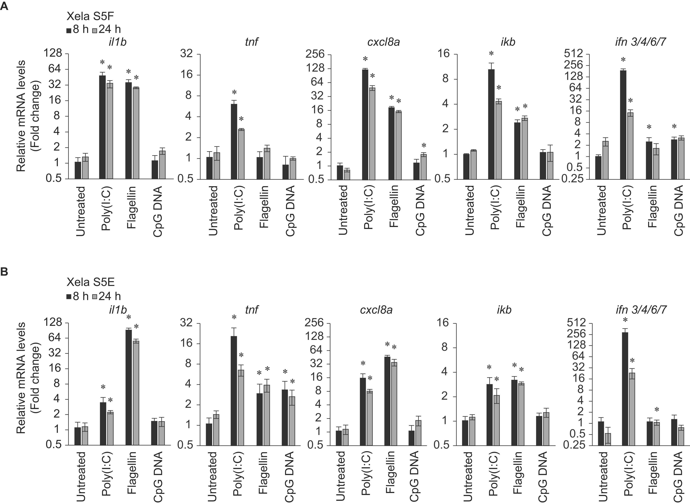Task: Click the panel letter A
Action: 4,6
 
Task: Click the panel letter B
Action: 4,272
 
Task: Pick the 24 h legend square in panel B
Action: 95,297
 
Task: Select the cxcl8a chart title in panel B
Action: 376,310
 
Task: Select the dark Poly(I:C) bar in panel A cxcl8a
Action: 365,124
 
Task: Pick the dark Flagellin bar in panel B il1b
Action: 129,387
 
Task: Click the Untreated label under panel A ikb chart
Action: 470,210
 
